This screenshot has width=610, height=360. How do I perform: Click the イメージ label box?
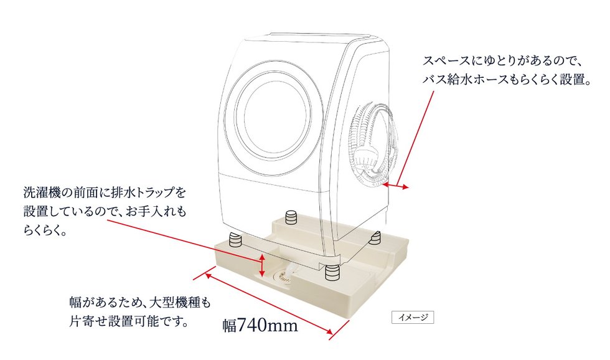pyautogui.click(x=412, y=318)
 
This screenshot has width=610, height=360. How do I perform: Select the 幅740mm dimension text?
pyautogui.click(x=260, y=324)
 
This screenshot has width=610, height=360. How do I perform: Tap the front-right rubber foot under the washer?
pyautogui.click(x=331, y=272)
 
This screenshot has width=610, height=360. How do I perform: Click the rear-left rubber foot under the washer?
pyautogui.click(x=291, y=217)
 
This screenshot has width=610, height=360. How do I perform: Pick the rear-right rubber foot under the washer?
pyautogui.click(x=375, y=237)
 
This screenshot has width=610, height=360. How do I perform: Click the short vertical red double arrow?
pyautogui.click(x=263, y=265)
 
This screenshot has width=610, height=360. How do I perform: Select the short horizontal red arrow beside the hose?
pyautogui.click(x=396, y=186)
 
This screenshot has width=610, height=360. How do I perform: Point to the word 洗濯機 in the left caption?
pyautogui.click(x=41, y=192)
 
